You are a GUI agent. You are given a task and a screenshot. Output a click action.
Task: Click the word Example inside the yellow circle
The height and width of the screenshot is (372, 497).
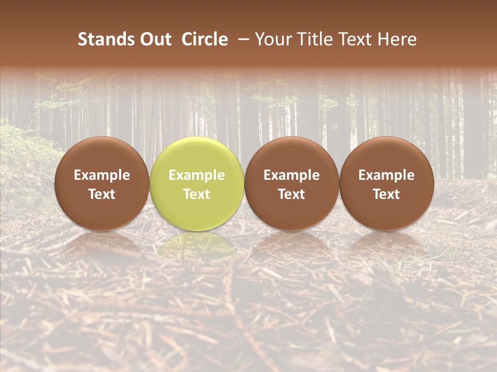point(197,175)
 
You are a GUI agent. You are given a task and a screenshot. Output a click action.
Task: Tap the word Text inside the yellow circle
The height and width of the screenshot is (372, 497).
point(197,194)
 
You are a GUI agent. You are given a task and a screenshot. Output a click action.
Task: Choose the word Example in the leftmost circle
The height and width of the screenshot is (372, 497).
point(102,175)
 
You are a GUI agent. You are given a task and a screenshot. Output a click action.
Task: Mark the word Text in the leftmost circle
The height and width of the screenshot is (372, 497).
point(102,194)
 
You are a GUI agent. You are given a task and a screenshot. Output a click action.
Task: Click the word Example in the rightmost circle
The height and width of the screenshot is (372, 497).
point(387,175)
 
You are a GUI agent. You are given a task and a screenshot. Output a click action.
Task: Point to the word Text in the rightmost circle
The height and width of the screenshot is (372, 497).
point(387,194)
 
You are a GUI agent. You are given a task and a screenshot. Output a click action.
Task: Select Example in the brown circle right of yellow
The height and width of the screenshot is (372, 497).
point(291,175)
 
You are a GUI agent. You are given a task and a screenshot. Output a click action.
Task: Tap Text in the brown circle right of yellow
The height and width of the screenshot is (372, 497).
point(291,194)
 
